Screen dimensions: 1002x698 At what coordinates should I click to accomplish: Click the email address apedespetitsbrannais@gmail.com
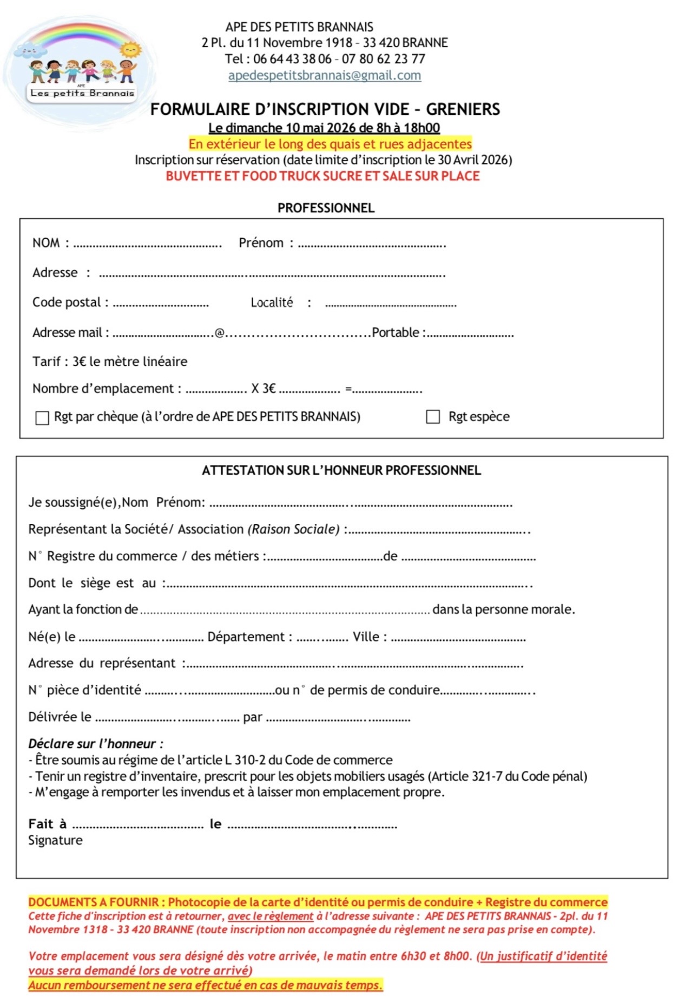(x=324, y=75)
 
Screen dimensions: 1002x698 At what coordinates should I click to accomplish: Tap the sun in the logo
(x=130, y=50)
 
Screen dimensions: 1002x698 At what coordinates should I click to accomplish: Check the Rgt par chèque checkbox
(x=42, y=418)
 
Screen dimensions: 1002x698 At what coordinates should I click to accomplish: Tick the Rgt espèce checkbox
(x=433, y=417)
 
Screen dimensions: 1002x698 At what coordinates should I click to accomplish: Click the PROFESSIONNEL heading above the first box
(x=326, y=208)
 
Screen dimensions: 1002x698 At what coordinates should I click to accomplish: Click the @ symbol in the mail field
(x=220, y=333)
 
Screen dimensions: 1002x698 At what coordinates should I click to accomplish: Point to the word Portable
(x=395, y=332)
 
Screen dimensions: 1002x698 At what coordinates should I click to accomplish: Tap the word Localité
(x=272, y=303)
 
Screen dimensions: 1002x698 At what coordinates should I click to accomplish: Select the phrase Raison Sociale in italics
(x=293, y=529)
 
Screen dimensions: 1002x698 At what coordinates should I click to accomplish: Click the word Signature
(x=55, y=840)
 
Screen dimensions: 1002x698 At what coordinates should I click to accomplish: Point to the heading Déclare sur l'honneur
(x=95, y=744)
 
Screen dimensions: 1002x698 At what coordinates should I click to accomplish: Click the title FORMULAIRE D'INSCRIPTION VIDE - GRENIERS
(x=325, y=109)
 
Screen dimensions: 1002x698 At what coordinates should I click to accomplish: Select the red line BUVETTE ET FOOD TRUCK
(x=322, y=176)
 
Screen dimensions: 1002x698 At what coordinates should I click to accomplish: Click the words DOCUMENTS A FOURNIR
(x=93, y=902)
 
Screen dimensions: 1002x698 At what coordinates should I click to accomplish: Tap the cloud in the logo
(x=30, y=51)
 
